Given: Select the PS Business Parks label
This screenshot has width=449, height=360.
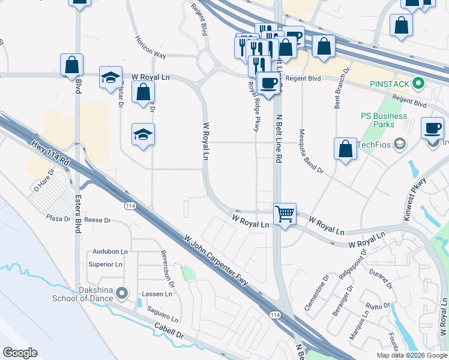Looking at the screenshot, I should [378, 120].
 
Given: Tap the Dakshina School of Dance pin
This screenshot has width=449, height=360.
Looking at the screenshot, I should [122, 293].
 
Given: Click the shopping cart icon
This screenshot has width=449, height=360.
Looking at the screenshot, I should [285, 214].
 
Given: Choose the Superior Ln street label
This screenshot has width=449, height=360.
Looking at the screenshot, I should [105, 264].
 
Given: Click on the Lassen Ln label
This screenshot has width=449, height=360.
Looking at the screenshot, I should [156, 294].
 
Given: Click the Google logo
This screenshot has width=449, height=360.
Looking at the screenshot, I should [20, 353].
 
